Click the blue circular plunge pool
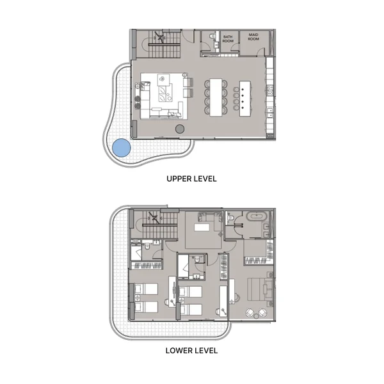(122, 149)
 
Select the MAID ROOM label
(253, 38)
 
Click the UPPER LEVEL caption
(191, 179)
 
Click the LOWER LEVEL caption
(191, 350)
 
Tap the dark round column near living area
(180, 131)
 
